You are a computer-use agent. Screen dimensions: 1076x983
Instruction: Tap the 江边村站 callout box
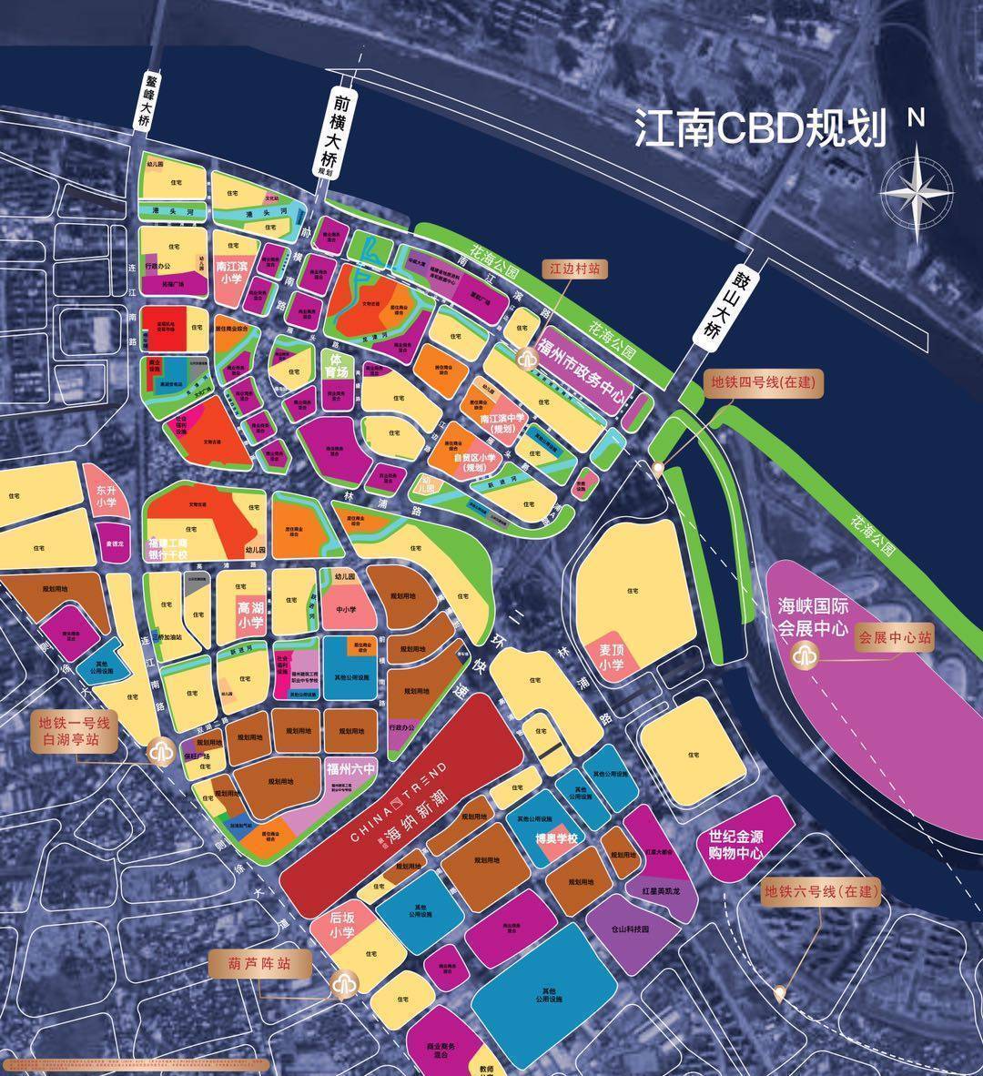click(x=574, y=269)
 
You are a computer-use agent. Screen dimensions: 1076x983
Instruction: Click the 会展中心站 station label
click(x=895, y=638)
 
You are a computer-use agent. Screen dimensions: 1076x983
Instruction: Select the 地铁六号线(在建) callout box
click(x=821, y=891)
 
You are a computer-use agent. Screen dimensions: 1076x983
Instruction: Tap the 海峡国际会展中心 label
click(x=812, y=616)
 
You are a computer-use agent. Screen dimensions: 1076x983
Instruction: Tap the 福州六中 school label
click(x=350, y=769)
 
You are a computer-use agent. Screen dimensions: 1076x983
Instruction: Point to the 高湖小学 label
click(x=250, y=614)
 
